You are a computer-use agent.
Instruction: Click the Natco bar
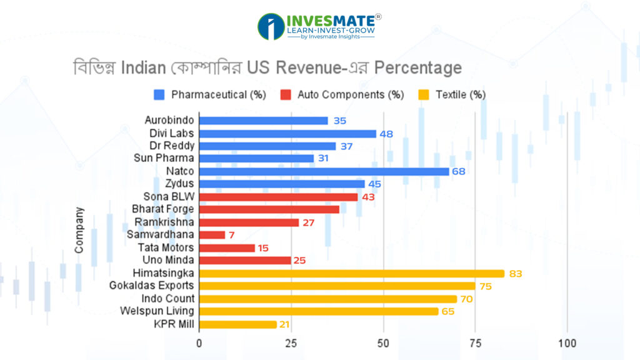coord(324,171)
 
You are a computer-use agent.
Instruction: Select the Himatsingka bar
coord(351,273)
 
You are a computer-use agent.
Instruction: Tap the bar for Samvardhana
coord(212,235)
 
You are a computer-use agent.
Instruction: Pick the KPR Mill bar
coord(237,324)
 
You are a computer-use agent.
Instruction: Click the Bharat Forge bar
coord(269,209)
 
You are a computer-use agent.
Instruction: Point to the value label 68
coord(459,171)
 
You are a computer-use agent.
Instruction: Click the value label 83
coord(514,274)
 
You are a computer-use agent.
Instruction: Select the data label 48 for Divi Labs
coord(386,133)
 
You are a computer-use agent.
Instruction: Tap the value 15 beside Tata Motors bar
coord(263,248)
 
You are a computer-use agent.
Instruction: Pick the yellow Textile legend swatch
coord(424,95)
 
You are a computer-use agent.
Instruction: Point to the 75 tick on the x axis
coord(475,343)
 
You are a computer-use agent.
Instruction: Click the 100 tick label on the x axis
coord(567,343)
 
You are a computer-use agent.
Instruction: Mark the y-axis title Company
coord(79,231)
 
